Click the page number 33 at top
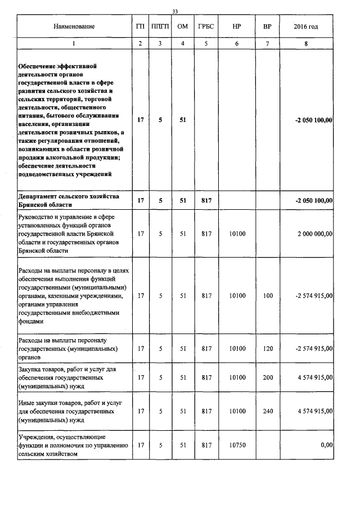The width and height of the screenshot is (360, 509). (174, 12)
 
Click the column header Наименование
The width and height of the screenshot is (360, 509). (74, 26)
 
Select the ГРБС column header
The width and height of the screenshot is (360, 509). (206, 26)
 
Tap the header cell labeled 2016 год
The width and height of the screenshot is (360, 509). (306, 26)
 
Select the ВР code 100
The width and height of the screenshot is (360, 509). (268, 295)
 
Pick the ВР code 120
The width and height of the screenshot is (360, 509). (268, 349)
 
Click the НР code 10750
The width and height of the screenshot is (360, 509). (238, 445)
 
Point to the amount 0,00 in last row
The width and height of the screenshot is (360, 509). (326, 445)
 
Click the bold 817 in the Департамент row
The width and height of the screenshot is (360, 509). (206, 200)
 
